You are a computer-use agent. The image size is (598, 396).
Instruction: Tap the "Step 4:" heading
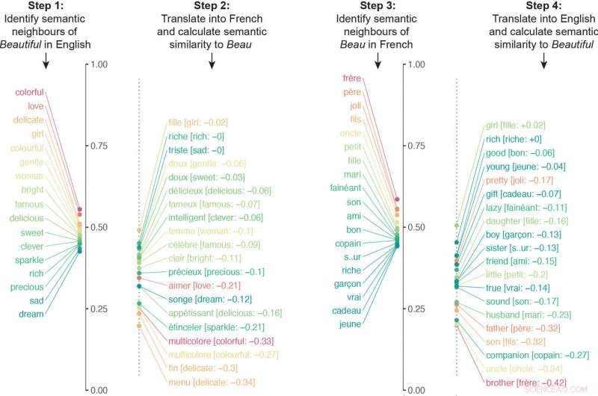pos(543,6)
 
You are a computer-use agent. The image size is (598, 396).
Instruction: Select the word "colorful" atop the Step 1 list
pos(29,93)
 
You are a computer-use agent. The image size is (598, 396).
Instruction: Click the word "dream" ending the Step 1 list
pos(31,315)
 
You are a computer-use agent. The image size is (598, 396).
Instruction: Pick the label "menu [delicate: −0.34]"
pos(206,383)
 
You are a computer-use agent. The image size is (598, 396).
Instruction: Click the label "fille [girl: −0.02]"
pos(197,122)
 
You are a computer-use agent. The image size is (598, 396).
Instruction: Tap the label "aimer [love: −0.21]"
pos(203,286)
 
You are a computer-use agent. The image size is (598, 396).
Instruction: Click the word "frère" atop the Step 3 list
pos(352,78)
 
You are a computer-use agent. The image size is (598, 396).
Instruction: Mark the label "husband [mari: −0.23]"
pos(529,315)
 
